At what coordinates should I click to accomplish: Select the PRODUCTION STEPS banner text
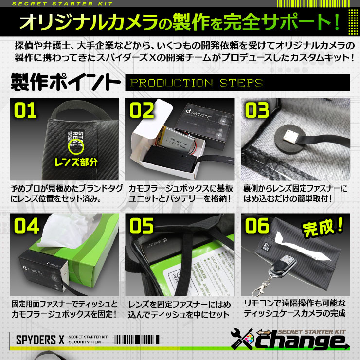click(197, 83)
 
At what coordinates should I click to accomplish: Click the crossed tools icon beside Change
click(245, 342)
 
